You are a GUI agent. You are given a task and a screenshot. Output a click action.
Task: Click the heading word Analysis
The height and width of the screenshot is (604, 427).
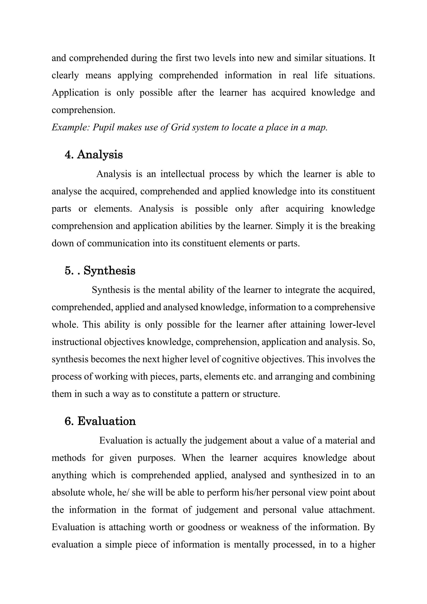pos(100,154)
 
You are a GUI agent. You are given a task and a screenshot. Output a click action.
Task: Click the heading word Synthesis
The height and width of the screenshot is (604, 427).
pos(109,271)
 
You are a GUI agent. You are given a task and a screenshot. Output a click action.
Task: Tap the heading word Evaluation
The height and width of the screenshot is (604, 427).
pos(107,421)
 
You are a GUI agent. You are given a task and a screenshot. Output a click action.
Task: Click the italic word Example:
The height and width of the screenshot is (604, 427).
pos(71,127)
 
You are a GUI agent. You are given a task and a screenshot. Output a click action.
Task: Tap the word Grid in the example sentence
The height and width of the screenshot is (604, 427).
pos(180,127)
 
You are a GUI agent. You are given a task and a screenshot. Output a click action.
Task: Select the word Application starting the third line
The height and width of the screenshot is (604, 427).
pos(75,93)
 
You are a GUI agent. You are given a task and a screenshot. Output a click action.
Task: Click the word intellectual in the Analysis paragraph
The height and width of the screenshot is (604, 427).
pos(182,174)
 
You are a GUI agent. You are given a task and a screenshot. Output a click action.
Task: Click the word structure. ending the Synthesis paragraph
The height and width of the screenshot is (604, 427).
pos(261,394)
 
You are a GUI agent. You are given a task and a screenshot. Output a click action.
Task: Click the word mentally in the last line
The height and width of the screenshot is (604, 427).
pos(251,545)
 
